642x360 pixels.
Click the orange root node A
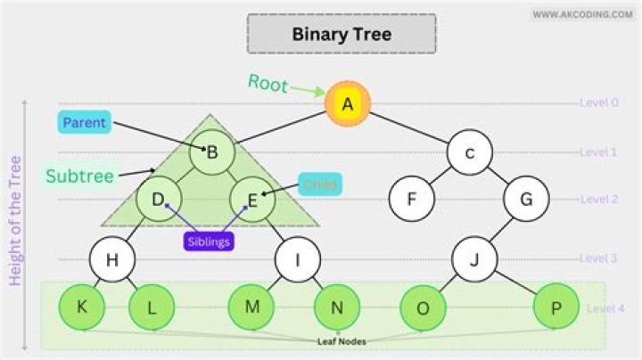[347, 104]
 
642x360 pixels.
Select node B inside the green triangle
[212, 151]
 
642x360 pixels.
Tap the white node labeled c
[470, 151]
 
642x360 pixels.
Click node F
[412, 199]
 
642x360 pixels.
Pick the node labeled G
[526, 199]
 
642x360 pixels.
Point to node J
[474, 260]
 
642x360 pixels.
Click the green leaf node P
[556, 308]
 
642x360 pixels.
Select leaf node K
[82, 307]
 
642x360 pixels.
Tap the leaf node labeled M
[251, 307]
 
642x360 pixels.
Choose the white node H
[112, 260]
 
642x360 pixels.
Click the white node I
[297, 260]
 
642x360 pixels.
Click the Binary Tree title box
[342, 35]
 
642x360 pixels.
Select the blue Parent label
[85, 123]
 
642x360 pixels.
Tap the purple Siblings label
[209, 241]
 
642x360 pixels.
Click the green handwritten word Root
[267, 85]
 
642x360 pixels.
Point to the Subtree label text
[80, 176]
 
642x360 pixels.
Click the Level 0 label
[598, 102]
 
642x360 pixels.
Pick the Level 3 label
[598, 258]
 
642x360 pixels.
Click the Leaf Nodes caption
[342, 341]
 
